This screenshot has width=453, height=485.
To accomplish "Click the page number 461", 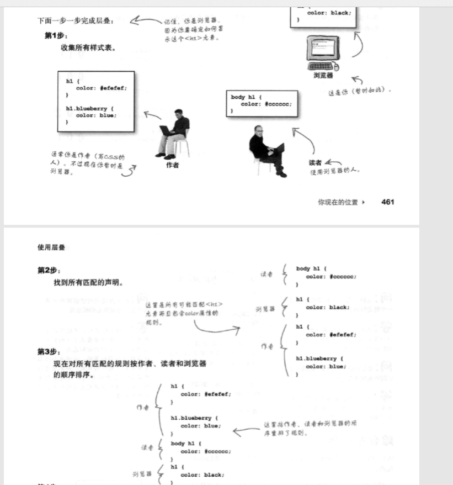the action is tap(387, 202).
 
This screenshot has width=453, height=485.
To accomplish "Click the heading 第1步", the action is tap(52, 36).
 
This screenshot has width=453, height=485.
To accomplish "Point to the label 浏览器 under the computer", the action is tap(323, 76).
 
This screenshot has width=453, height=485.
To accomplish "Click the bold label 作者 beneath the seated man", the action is tap(172, 165).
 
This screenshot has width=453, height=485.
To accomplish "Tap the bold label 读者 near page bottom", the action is tap(315, 163).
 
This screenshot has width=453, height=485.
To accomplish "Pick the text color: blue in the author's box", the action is tap(96, 115).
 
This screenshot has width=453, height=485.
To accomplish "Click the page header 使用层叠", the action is tap(51, 247).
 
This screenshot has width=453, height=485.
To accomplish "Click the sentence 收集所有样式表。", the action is tap(88, 48).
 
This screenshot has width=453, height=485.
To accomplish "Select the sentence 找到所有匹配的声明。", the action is tap(88, 283).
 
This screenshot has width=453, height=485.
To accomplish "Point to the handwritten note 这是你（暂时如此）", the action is tap(359, 90).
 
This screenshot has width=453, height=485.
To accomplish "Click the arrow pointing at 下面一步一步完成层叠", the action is tap(145, 22).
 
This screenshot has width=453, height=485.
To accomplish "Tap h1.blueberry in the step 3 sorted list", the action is tap(196, 418).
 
